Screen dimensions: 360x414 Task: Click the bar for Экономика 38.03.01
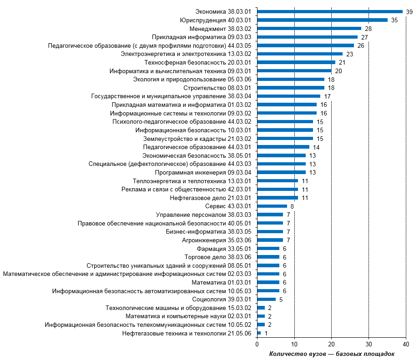pos(330,11)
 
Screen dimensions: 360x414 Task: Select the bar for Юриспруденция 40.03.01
pos(323,20)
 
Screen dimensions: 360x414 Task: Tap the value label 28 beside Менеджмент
pos(368,29)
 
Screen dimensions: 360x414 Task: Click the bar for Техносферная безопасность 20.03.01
pos(296,62)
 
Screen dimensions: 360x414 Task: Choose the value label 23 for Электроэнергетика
pos(349,54)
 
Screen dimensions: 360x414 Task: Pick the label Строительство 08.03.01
pos(217,88)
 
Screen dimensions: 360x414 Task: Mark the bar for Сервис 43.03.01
pos(272,206)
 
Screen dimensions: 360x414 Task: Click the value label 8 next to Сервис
pos(292,206)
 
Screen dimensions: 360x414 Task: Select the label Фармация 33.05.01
pos(224,249)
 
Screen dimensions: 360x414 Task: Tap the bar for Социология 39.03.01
pos(267,299)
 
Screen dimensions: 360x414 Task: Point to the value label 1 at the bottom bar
pos(266,333)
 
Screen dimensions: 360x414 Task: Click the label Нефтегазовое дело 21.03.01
pos(211,198)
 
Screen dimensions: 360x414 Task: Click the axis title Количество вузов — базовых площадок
pos(332,354)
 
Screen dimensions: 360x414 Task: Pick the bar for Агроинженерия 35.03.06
pos(270,240)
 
